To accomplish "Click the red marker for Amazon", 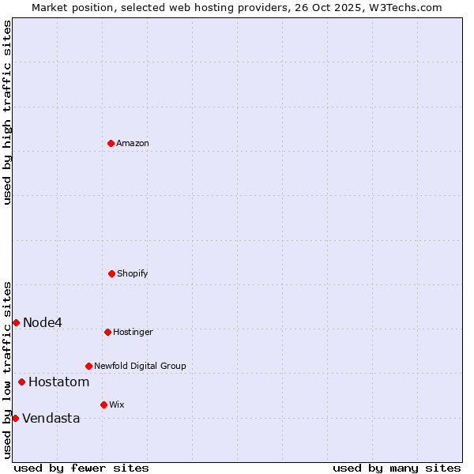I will click(x=111, y=143).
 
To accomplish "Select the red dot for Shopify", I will click(x=111, y=273).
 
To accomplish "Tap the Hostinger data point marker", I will click(x=107, y=332).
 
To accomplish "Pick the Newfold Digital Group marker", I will click(x=88, y=366).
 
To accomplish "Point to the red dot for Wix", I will click(x=103, y=404).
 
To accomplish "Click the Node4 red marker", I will click(x=16, y=322).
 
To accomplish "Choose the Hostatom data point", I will click(x=21, y=382).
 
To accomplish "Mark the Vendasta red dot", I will click(x=15, y=418).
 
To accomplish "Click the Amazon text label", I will click(x=133, y=144).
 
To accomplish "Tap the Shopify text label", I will click(x=133, y=274).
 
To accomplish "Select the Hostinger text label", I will click(x=133, y=333).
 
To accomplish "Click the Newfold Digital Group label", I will click(x=141, y=367).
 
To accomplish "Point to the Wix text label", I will click(x=117, y=405).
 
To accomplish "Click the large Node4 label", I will click(x=43, y=322).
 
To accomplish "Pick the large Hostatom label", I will click(x=59, y=382).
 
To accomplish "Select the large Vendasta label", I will click(x=51, y=419).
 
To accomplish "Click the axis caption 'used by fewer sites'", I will click(x=81, y=468).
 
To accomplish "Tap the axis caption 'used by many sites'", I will click(x=397, y=468).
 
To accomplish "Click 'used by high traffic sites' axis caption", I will click(x=7, y=112).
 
